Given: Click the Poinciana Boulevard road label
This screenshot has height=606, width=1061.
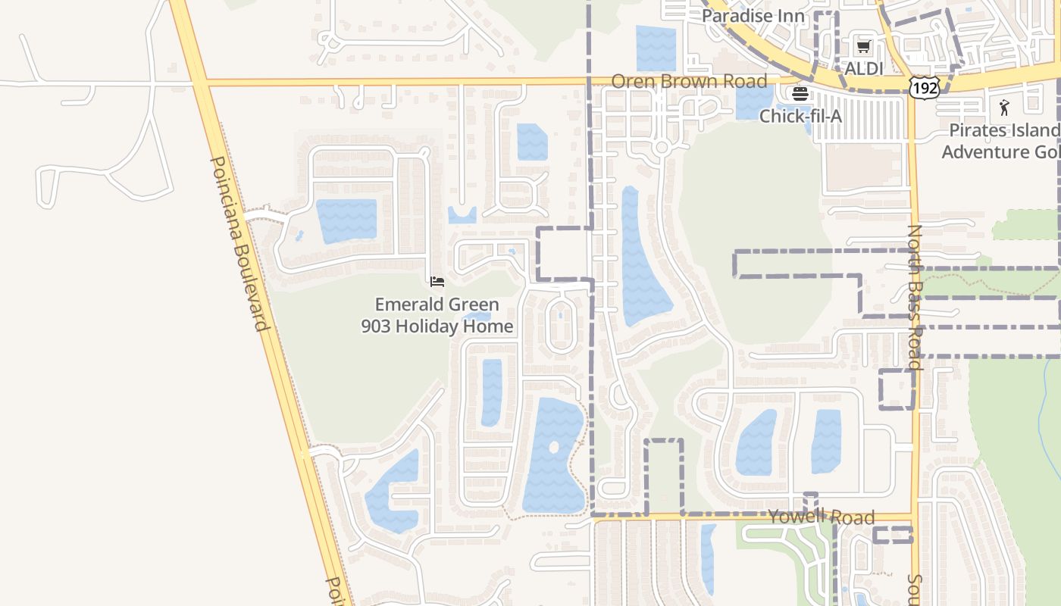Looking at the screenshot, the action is point(239,244).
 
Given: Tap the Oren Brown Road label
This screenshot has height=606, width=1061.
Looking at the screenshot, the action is point(689,81).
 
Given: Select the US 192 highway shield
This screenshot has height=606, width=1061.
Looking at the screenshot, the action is point(925,87).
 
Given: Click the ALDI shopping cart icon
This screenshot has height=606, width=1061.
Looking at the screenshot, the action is point(863,47).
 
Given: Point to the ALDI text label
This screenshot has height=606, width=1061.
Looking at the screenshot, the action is point(864,68).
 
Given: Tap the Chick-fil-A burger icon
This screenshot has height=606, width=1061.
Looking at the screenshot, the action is point(800,95).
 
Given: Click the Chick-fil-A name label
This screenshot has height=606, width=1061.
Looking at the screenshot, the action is point(800,116).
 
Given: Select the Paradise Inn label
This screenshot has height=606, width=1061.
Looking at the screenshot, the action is point(753,16).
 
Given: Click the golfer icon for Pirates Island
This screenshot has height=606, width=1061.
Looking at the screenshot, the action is point(1005,108).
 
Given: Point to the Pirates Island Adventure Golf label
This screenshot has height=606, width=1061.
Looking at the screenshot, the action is point(1000,141).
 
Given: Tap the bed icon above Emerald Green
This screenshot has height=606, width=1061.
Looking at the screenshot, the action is point(437,283).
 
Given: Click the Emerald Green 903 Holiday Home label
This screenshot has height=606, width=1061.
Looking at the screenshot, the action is point(437,316).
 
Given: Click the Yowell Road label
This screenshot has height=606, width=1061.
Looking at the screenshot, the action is point(821,517).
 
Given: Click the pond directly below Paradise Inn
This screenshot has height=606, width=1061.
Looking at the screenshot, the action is point(656,48).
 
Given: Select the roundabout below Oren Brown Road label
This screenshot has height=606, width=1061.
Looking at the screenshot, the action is point(662,147).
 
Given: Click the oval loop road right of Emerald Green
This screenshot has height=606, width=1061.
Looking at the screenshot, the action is point(560,324).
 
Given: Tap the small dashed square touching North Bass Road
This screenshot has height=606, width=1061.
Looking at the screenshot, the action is point(897,389).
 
